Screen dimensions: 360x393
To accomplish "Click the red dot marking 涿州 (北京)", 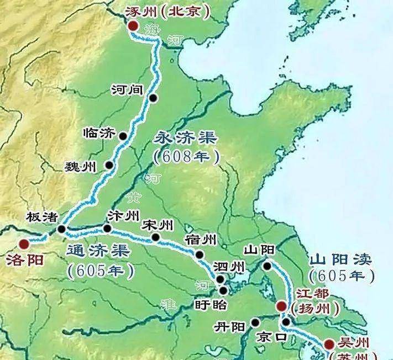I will click(x=133, y=26).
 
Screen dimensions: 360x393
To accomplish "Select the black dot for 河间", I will click(x=153, y=98).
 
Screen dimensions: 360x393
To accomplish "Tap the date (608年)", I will click(x=186, y=156).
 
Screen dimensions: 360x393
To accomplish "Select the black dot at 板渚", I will click(x=61, y=229).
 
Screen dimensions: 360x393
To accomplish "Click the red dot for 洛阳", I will click(x=24, y=243).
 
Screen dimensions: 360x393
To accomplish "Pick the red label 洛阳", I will click(x=22, y=260).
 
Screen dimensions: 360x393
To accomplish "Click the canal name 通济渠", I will click(x=98, y=251).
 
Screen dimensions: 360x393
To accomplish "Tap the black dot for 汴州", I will click(x=108, y=228).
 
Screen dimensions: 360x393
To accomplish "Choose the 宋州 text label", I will click(x=158, y=225).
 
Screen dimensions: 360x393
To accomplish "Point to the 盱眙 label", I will click(x=211, y=304).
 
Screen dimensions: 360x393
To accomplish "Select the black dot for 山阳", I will click(x=268, y=266).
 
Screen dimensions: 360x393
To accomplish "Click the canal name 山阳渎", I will click(x=341, y=259).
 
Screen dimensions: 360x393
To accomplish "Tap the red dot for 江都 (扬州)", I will click(x=281, y=306).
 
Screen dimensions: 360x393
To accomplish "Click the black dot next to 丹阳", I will click(x=255, y=322).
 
